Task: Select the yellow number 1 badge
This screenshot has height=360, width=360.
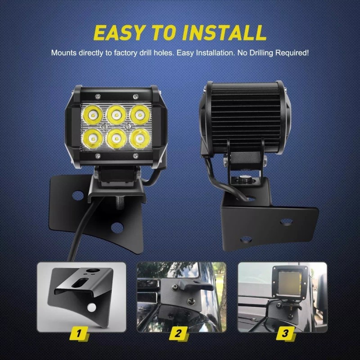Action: (x=79, y=333)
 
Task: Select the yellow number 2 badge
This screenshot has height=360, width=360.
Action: (x=179, y=333)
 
